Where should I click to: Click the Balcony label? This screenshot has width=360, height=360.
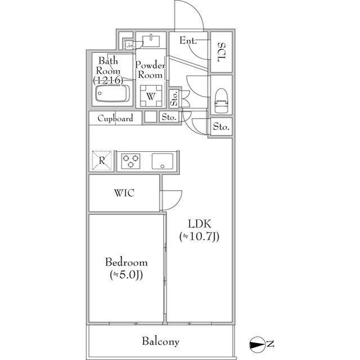pos(160,341)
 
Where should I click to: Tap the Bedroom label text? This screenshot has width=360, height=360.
pos(127,262)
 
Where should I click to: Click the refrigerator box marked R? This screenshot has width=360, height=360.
pos(102,161)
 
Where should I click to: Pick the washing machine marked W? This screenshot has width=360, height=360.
pos(151,96)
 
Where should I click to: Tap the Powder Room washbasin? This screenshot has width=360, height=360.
pos(151,40)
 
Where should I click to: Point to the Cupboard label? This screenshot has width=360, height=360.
pos(115,118)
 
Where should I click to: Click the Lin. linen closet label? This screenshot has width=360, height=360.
pos(129,45)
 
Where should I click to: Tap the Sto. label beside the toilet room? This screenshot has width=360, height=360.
pos(221,128)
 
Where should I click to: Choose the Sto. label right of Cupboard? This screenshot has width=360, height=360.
pos(169,118)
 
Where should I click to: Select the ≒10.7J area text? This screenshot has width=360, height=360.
pos(199,237)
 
